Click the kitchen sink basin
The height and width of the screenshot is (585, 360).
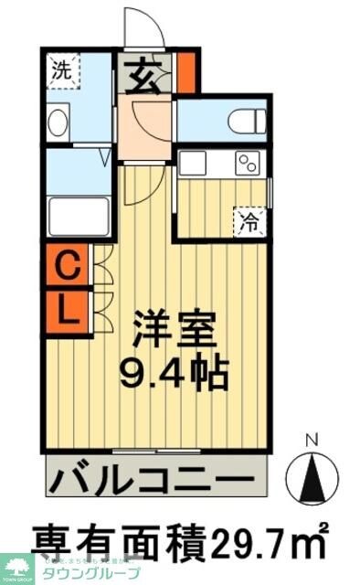(193, 163)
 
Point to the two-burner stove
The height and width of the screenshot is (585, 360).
(248, 164)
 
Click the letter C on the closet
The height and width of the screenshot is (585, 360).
(67, 268)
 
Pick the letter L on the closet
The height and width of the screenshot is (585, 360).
(67, 308)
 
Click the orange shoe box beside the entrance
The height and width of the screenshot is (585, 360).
(186, 74)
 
